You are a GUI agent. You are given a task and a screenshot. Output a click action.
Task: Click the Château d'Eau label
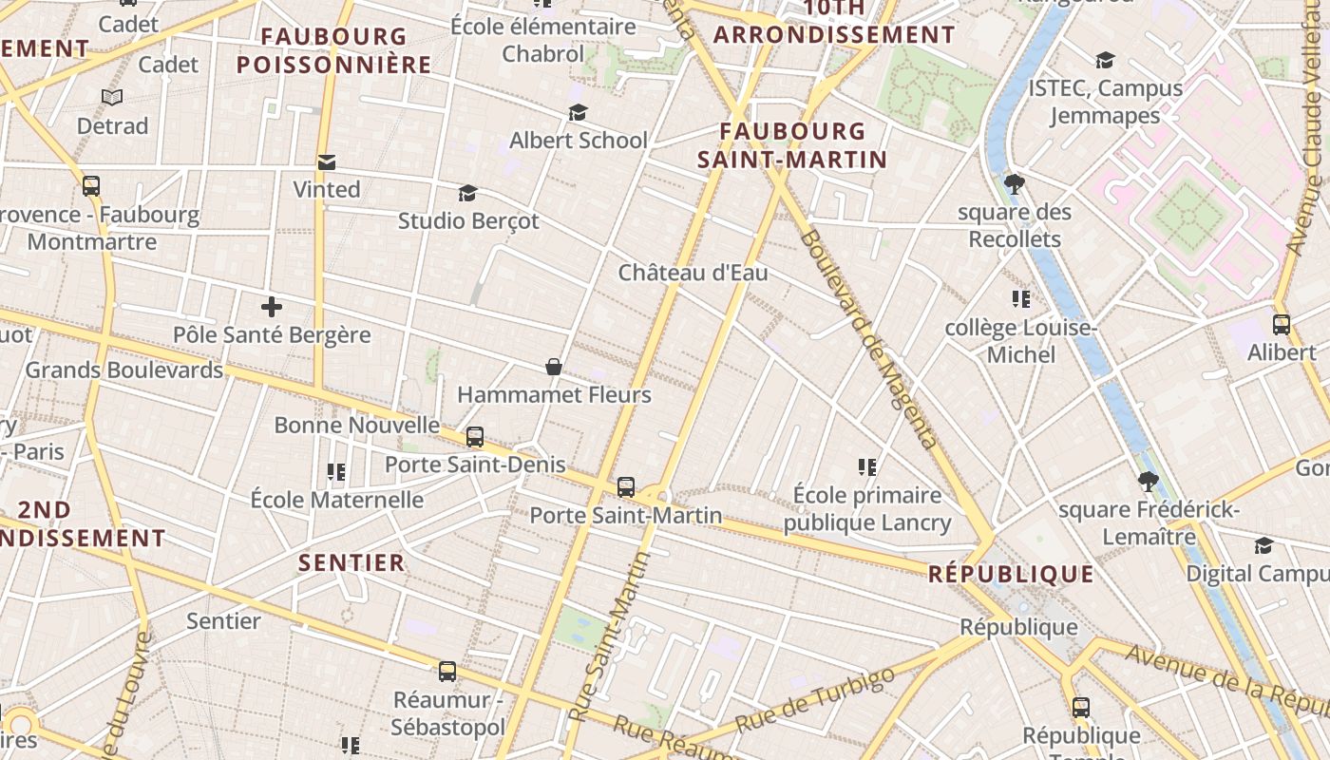coord(693,273)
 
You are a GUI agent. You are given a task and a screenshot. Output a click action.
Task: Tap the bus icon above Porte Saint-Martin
coord(626,487)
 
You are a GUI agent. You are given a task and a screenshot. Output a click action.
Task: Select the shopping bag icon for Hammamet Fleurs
coord(554,367)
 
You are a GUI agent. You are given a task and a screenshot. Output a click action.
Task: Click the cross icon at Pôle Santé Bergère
coord(272,307)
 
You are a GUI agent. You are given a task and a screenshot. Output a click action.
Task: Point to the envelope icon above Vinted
coord(327,161)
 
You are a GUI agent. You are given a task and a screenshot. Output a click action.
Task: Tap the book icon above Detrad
coord(112,97)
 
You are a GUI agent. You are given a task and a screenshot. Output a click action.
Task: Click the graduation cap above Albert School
coord(578,113)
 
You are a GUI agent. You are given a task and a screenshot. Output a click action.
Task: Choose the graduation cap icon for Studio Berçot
coord(467,194)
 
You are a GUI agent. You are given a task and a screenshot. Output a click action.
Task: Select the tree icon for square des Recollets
coord(1015,184)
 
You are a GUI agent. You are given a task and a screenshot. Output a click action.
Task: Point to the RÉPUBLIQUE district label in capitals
coord(1011,574)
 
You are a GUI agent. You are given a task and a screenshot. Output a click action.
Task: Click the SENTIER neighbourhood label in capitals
coord(351,562)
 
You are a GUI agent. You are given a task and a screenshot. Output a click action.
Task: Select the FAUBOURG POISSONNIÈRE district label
coord(333,51)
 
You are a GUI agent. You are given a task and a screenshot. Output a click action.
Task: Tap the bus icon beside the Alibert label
coord(1282,324)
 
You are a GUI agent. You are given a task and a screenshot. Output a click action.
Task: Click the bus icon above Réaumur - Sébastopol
coord(447,672)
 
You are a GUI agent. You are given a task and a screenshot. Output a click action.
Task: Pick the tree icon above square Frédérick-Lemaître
coord(1149,482)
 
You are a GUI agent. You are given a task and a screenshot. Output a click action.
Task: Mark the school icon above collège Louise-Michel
coord(1021,300)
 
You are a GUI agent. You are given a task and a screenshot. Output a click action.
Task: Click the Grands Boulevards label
coord(124,370)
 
